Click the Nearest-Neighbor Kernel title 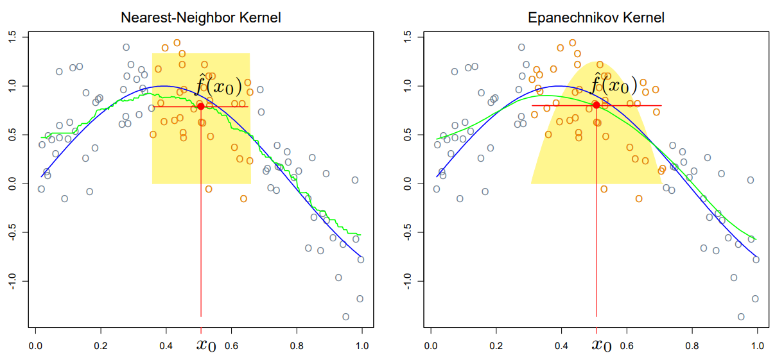coord(201,18)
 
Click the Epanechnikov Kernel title coord(596,18)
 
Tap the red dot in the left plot coord(201,107)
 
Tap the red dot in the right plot coord(596,105)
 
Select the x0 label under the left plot coord(205,345)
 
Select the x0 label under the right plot coord(601,345)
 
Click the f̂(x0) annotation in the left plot coord(218,85)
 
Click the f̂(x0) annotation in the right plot coord(614,85)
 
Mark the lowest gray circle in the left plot coord(345,316)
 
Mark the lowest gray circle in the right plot coord(741,316)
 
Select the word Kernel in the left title coord(259,18)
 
